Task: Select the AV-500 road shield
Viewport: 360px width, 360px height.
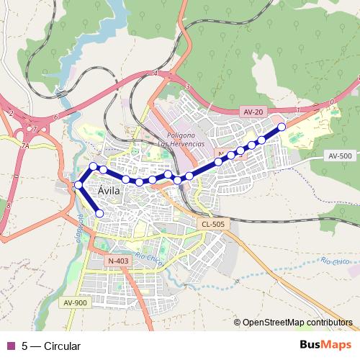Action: [340, 156]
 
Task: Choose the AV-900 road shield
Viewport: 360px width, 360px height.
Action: [76, 302]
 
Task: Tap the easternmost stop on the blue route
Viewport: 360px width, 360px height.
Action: [282, 127]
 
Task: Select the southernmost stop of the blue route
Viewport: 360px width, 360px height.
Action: [99, 213]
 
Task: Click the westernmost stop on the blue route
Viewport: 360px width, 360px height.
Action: [78, 186]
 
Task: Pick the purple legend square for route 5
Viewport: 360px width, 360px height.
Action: [10, 346]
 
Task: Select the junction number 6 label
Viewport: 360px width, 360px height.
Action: [55, 116]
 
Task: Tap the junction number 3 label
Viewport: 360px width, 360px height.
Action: [187, 86]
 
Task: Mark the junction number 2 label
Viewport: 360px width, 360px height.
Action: [12, 113]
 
